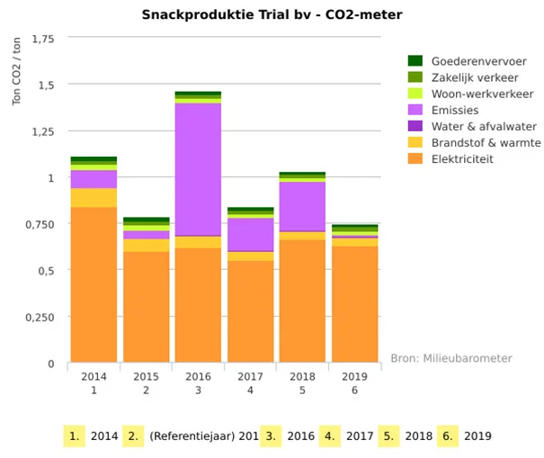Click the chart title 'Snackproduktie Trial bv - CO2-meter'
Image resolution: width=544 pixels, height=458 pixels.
(x=272, y=14)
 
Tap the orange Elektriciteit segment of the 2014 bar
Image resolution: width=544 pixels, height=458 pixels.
(x=94, y=284)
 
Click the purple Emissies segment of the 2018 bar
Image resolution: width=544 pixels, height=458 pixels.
(x=302, y=206)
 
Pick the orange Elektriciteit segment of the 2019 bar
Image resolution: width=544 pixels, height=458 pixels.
(x=354, y=304)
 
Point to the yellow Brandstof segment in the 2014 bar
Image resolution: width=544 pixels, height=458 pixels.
(x=94, y=197)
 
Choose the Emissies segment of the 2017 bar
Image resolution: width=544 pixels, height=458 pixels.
(x=250, y=234)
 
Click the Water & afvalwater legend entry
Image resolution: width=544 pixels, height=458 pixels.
(x=484, y=126)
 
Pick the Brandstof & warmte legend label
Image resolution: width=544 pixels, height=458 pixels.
(x=486, y=143)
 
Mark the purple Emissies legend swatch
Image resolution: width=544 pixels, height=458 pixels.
(x=415, y=110)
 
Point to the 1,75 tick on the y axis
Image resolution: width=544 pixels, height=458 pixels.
(x=42, y=39)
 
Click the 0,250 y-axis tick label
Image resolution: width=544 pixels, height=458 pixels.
(x=40, y=317)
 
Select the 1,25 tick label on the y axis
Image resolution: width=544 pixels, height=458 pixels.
(x=42, y=131)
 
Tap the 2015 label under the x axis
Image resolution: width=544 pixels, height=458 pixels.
(x=146, y=376)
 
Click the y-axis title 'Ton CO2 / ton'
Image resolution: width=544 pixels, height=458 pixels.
(x=16, y=72)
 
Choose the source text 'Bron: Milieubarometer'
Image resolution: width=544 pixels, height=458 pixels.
(x=450, y=358)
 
